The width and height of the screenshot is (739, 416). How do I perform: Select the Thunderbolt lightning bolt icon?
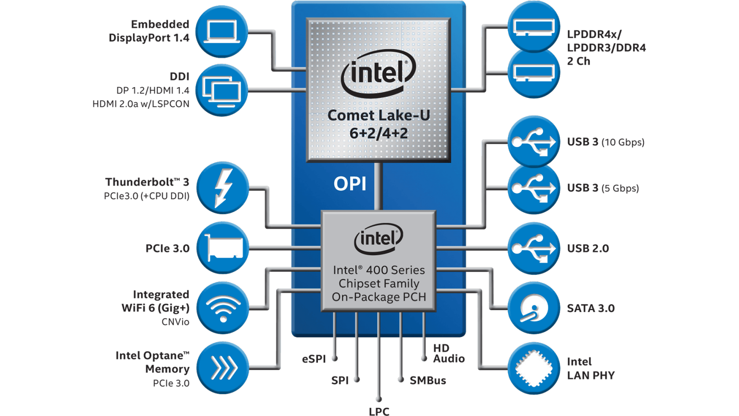click(223, 188)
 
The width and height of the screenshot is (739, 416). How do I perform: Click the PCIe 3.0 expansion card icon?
click(223, 248)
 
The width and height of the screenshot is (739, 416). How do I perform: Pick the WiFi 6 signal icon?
click(223, 308)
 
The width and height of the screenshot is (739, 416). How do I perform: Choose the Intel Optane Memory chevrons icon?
click(223, 368)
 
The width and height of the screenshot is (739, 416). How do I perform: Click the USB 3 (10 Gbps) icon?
click(534, 142)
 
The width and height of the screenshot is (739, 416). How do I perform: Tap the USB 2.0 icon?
click(534, 248)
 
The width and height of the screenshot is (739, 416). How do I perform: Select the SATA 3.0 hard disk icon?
click(534, 308)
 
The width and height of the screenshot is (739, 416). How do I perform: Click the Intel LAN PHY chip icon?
click(534, 368)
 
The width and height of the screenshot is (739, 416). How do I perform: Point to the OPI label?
click(350, 184)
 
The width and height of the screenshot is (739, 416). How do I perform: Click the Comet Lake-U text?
click(378, 115)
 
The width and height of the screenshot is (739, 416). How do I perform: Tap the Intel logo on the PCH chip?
click(378, 238)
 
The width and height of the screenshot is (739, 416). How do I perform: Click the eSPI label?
click(313, 359)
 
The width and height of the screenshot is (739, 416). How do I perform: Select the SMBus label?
click(428, 381)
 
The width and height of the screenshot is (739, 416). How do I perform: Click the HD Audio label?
click(448, 353)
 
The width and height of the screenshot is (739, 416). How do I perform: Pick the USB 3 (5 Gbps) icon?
click(534, 188)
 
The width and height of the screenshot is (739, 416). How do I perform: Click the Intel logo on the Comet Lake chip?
click(378, 73)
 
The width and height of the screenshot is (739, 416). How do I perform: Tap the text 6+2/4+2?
click(378, 133)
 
